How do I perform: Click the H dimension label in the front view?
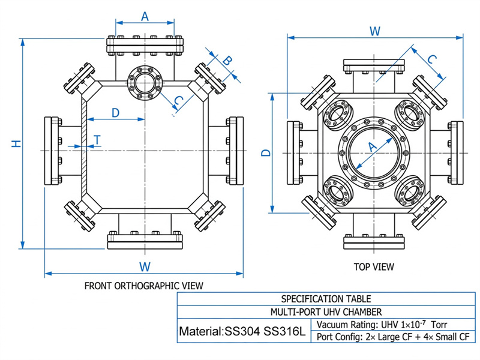pyautogui.click(x=16, y=143)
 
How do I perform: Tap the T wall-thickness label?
pyautogui.click(x=97, y=140)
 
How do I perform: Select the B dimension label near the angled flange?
pyautogui.click(x=227, y=61)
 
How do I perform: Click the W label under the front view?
pyautogui.click(x=145, y=266)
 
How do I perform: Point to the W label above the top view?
pyautogui.click(x=375, y=31)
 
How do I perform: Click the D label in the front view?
pyautogui.click(x=115, y=113)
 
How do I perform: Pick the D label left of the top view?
pyautogui.click(x=266, y=152)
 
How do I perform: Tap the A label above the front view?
pyautogui.click(x=145, y=16)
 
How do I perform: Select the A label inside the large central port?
pyautogui.click(x=372, y=147)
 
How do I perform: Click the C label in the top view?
pyautogui.click(x=431, y=59)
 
